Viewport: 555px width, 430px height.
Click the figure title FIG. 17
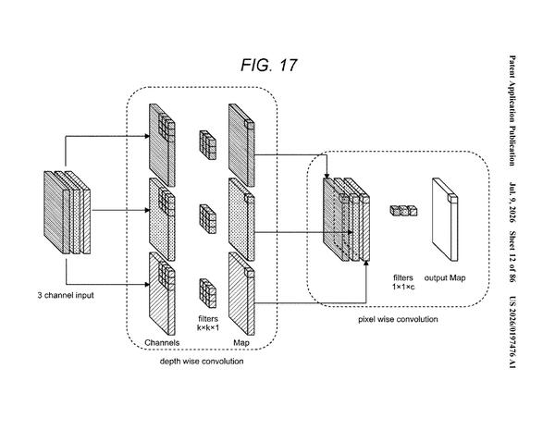269,65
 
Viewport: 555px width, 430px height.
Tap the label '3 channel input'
66,295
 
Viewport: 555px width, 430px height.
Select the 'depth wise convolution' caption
202,362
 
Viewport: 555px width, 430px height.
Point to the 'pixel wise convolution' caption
398,319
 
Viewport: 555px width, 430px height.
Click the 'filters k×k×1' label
208,323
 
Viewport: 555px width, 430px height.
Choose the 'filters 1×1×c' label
403,282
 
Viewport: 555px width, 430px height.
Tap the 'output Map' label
445,277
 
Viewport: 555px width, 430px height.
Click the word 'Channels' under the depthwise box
162,342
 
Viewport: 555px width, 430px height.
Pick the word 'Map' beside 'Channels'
241,342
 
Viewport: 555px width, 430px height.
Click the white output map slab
445,219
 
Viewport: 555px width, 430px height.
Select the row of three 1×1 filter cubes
403,211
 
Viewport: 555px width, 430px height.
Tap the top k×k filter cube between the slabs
208,145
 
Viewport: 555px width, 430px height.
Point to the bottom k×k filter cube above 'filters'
208,293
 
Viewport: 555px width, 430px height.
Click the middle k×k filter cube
208,219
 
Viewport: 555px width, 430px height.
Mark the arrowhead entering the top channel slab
146,136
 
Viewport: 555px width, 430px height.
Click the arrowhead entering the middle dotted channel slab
146,210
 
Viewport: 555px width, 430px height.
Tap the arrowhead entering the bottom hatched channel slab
146,284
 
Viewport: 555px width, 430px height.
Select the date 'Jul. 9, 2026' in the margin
512,203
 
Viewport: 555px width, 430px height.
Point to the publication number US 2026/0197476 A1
512,332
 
